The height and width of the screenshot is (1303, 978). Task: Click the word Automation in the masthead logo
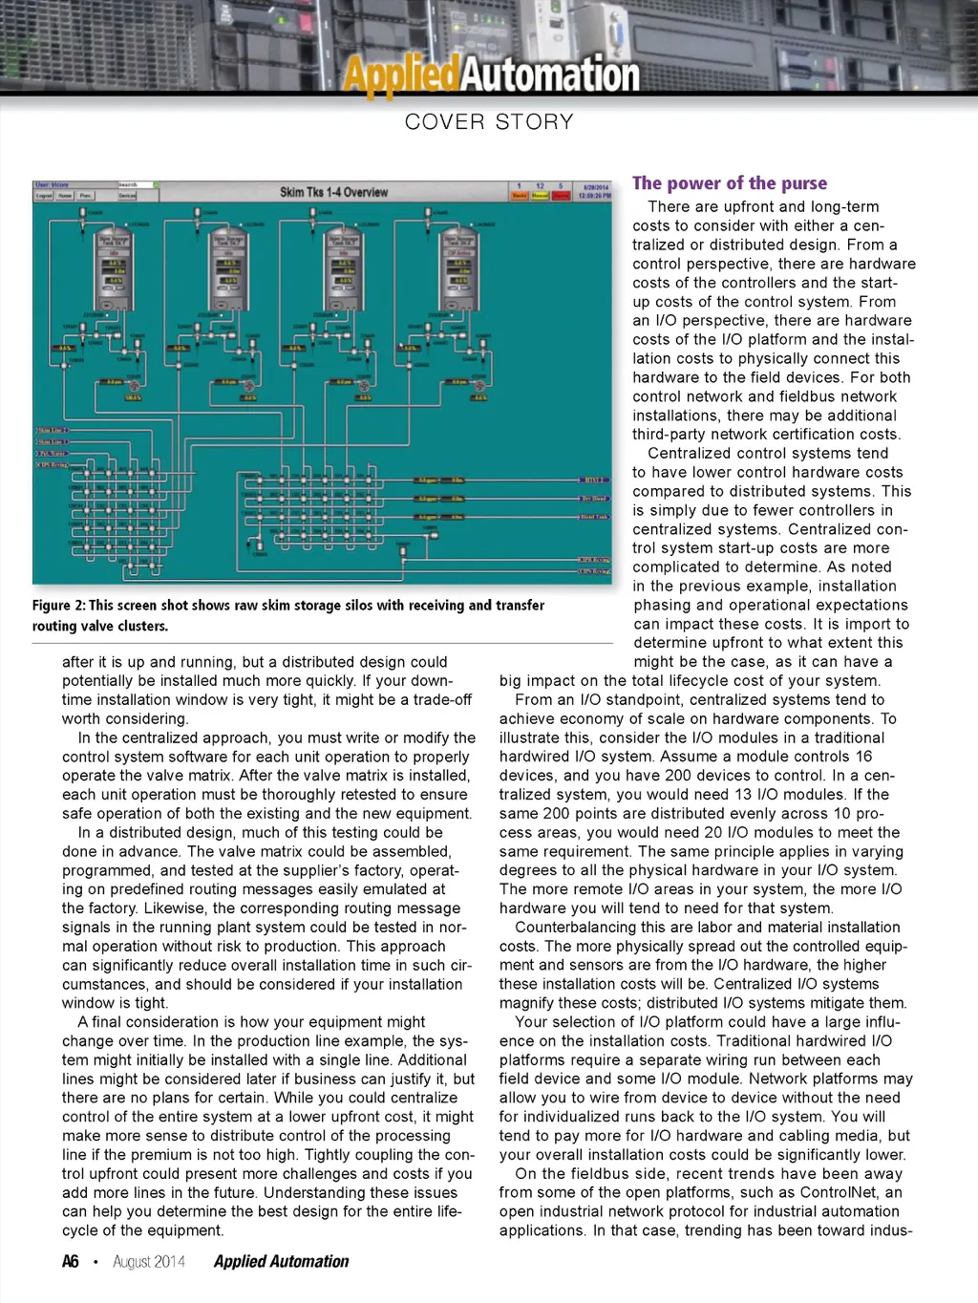pyautogui.click(x=550, y=75)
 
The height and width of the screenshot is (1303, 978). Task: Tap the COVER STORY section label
pyautogui.click(x=489, y=122)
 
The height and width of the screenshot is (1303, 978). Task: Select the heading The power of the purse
pyautogui.click(x=730, y=183)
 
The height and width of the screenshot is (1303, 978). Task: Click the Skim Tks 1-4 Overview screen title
pyautogui.click(x=333, y=192)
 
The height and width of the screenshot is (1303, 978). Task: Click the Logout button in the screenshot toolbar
pyautogui.click(x=44, y=195)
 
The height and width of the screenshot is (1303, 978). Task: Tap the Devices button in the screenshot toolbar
pyautogui.click(x=127, y=195)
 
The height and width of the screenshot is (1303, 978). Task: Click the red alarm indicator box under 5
pyautogui.click(x=561, y=195)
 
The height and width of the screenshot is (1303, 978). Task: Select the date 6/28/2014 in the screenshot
pyautogui.click(x=595, y=187)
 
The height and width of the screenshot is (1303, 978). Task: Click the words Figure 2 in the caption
pyautogui.click(x=58, y=606)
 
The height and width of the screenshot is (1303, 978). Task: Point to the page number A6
pyautogui.click(x=71, y=1262)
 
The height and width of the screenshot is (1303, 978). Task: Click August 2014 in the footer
pyautogui.click(x=149, y=1262)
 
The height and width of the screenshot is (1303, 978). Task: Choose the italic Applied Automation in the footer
pyautogui.click(x=281, y=1262)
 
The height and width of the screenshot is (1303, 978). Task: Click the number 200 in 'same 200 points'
pyautogui.click(x=551, y=813)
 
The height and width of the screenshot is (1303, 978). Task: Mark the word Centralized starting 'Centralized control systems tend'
pyautogui.click(x=690, y=454)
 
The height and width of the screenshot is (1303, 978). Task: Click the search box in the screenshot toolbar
pyautogui.click(x=133, y=184)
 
